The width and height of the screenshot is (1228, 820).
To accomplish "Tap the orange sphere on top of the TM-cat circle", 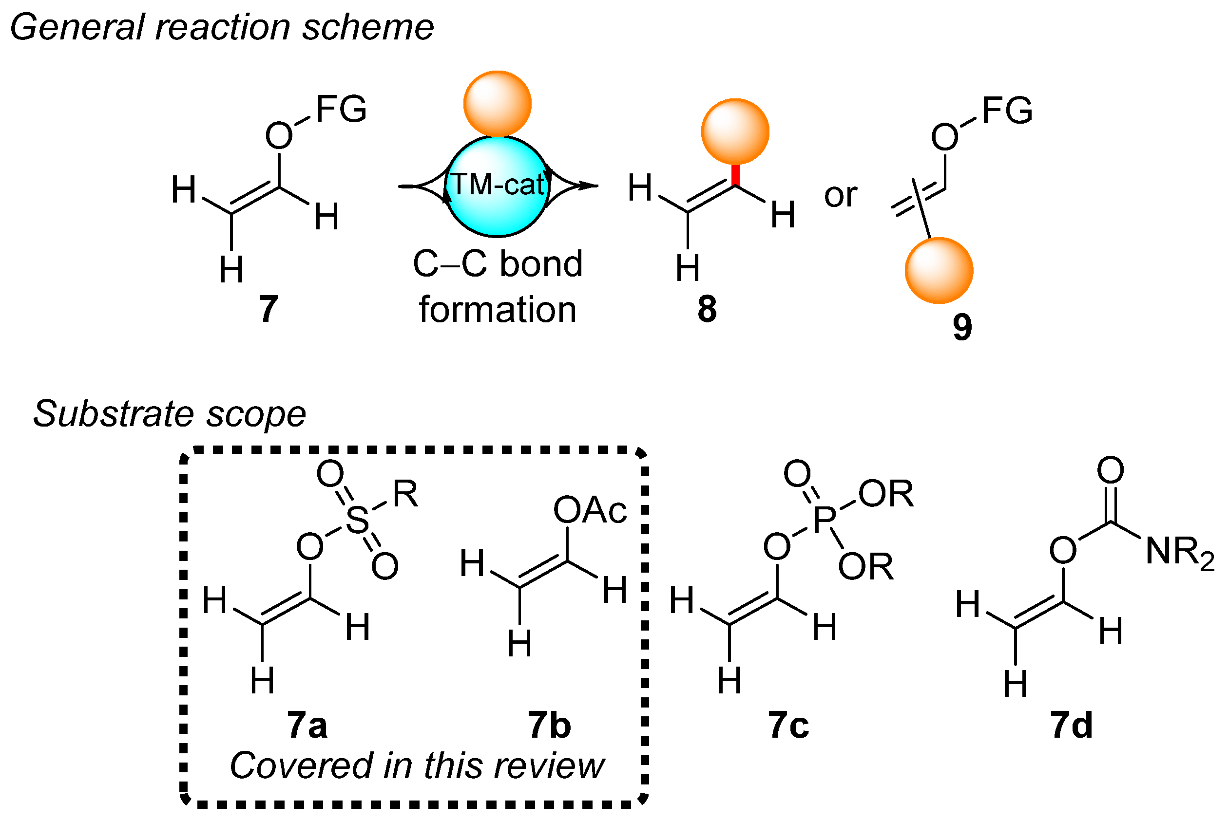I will click(497, 104).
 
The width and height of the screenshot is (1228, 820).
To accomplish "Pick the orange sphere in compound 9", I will click(939, 270).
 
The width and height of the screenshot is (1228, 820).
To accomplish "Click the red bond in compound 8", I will click(735, 175).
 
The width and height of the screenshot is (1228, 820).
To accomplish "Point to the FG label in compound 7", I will click(341, 110).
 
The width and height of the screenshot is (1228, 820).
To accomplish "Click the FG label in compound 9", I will click(1007, 111).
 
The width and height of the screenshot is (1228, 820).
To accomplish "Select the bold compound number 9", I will click(961, 327).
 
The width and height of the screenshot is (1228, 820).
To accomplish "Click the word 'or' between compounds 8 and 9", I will click(840, 195).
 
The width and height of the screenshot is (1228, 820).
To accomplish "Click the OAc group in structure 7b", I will click(590, 510).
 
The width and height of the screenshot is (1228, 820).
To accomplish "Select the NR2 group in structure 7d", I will click(1179, 552).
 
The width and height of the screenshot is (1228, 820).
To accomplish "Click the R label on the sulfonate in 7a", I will click(405, 494).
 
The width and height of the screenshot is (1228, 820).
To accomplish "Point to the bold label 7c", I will click(788, 726).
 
